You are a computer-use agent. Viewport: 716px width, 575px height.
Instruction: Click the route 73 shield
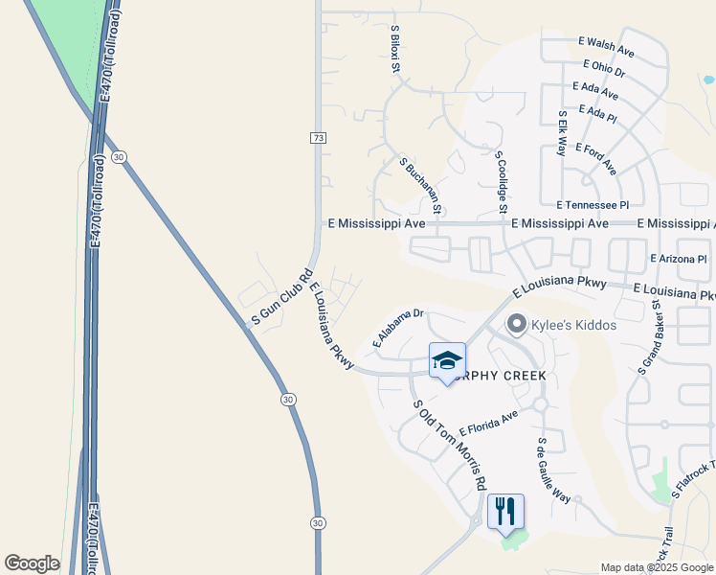(318, 139)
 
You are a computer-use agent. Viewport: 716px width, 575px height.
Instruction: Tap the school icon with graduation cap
(447, 361)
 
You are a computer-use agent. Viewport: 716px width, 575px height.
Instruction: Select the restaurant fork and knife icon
(505, 510)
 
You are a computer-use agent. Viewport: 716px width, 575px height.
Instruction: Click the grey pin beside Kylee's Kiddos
(518, 325)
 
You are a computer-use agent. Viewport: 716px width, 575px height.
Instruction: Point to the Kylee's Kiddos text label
(574, 326)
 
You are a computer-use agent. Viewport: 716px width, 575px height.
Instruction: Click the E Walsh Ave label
(607, 45)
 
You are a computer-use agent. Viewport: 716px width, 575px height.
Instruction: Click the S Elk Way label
(564, 133)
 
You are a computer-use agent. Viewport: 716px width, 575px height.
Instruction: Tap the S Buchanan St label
(420, 186)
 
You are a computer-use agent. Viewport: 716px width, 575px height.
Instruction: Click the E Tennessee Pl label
(593, 205)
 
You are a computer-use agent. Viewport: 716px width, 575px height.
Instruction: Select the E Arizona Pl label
(678, 259)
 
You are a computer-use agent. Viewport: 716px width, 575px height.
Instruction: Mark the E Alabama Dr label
(397, 329)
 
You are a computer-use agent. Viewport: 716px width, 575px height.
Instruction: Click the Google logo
(32, 563)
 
